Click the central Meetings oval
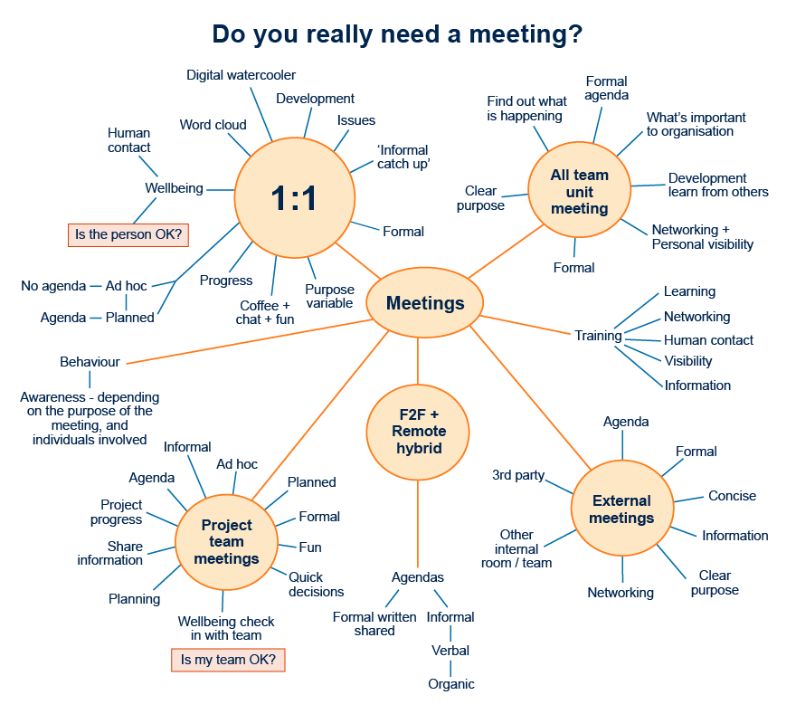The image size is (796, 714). (x=425, y=303)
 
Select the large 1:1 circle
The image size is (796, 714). (x=294, y=197)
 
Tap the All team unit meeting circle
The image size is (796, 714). (x=580, y=192)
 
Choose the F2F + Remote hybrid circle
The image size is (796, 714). (x=418, y=432)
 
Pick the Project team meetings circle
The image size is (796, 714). (x=226, y=542)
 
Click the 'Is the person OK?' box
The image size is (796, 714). (x=128, y=235)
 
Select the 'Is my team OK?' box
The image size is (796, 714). (x=229, y=661)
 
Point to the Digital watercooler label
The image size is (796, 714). (x=242, y=75)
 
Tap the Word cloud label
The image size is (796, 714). (x=213, y=125)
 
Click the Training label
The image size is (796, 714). (x=598, y=336)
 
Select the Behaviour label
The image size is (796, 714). (x=90, y=362)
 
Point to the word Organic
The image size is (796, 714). (x=451, y=684)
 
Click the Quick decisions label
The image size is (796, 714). (x=316, y=585)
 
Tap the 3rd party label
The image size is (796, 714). (x=518, y=475)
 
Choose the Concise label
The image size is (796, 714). (x=732, y=496)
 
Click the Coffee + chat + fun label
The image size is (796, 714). (x=266, y=312)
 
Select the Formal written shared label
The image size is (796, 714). (x=374, y=624)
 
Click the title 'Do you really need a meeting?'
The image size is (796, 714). (x=397, y=34)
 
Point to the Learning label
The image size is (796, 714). (x=689, y=291)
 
